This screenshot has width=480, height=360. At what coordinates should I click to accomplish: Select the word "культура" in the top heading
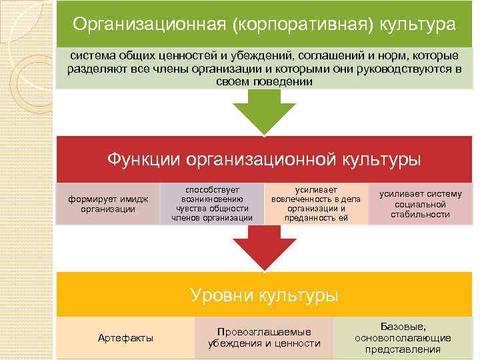(x=418, y=25)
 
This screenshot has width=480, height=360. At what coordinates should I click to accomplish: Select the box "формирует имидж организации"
(x=108, y=204)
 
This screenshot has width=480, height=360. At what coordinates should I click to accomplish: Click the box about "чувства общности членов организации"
(x=212, y=203)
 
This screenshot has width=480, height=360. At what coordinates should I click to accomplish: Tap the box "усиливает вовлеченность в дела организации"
(x=316, y=203)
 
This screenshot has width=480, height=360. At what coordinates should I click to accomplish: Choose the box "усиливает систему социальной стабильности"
(x=421, y=204)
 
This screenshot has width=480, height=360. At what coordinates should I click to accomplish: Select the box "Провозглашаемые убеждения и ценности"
(x=264, y=338)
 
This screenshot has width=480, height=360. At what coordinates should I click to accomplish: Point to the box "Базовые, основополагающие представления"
(x=403, y=338)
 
